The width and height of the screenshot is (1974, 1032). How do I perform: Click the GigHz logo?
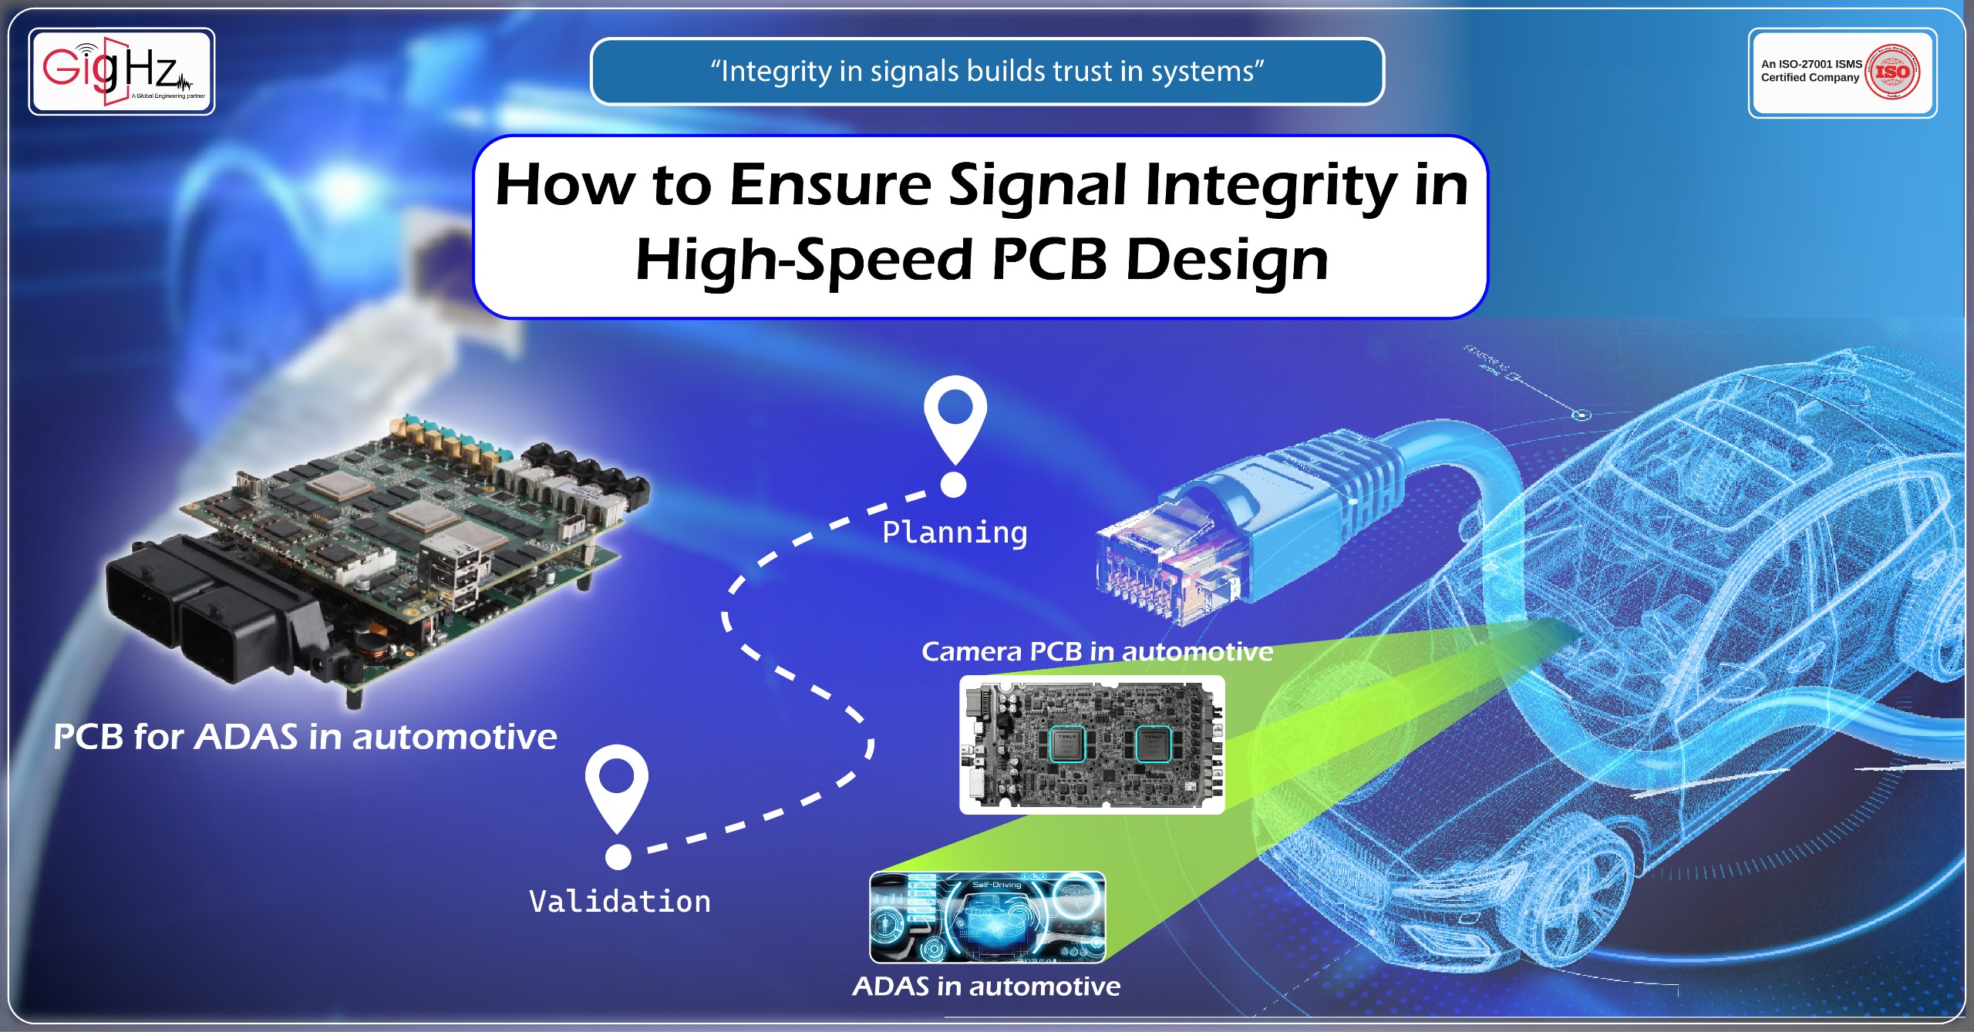pos(121,71)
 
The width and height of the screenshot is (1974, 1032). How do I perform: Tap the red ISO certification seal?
pos(1892,72)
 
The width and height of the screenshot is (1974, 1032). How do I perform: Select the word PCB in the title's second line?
pos(1049,260)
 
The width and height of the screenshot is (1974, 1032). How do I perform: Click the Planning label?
pos(955,533)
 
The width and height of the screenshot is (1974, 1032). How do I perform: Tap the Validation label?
pos(619,902)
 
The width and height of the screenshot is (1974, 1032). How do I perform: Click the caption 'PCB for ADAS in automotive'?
pos(305,737)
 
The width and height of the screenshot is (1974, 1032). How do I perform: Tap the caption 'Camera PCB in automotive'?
pos(1096,652)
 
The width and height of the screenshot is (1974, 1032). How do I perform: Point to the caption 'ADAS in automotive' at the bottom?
pos(986,987)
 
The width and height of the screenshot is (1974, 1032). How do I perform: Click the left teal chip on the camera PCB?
pos(1068,744)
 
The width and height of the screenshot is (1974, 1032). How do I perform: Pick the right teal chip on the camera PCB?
pos(1154,744)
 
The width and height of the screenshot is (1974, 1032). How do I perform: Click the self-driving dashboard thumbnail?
pos(987,917)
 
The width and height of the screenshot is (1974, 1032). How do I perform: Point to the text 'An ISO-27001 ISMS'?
pos(1811,64)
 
